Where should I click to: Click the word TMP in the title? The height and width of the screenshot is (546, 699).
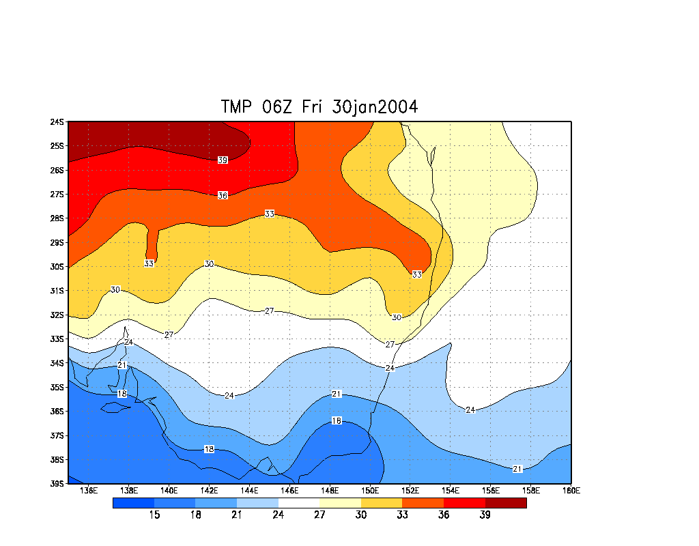237,107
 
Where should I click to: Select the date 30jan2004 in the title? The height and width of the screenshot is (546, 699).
375,107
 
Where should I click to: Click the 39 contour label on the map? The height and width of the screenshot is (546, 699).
223,160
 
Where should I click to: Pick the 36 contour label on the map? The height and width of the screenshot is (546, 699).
223,196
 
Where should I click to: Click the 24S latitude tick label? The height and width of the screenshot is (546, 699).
57,122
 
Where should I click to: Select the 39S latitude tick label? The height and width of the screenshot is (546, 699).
57,484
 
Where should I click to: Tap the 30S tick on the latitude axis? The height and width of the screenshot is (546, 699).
57,267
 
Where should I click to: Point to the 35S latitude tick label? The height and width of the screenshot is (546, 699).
57,388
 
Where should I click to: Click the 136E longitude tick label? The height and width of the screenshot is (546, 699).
89,490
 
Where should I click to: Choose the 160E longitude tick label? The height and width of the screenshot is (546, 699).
571,490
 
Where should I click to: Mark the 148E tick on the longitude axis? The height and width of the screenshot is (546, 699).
330,490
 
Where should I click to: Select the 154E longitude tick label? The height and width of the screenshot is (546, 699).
451,490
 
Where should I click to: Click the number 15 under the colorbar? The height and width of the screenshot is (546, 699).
154,515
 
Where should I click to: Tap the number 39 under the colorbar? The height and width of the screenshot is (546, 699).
485,515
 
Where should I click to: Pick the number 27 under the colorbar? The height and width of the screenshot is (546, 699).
319,515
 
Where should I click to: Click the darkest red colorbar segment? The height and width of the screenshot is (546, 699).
506,503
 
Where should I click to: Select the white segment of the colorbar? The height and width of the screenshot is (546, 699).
298,503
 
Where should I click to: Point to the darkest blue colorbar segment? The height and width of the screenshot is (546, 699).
133,503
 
